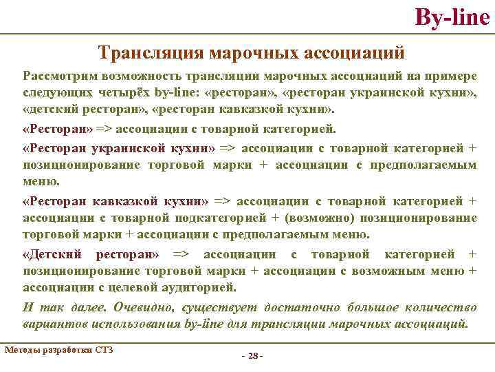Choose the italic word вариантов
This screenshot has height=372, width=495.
(53, 323)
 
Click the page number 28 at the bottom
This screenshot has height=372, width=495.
(253, 356)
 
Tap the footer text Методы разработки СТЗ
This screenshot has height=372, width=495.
(58, 349)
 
